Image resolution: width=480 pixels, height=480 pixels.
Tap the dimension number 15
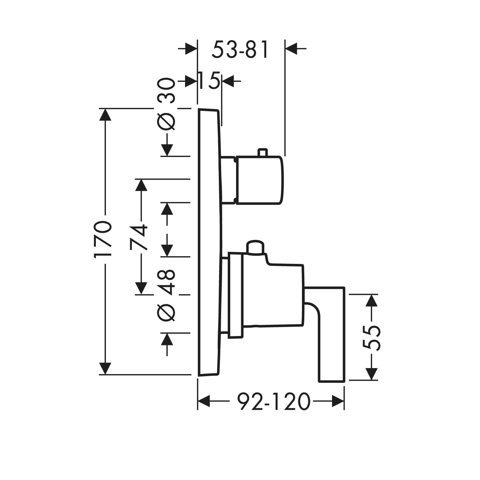pyautogui.click(x=209, y=81)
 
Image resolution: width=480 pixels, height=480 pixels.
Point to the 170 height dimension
pyautogui.click(x=102, y=238)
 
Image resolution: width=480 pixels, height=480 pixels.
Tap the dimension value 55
pyautogui.click(x=371, y=338)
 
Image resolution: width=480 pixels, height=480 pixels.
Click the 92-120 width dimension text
pyautogui.click(x=274, y=401)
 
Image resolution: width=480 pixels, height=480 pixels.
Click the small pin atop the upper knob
pyautogui.click(x=263, y=152)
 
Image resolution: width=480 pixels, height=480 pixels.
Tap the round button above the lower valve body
pyautogui.click(x=255, y=247)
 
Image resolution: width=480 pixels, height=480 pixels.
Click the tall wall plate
pyautogui.click(x=209, y=242)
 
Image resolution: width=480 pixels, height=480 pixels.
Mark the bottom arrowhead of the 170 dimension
pyautogui.click(x=106, y=368)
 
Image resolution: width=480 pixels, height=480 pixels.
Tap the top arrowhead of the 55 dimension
pyautogui.click(x=371, y=300)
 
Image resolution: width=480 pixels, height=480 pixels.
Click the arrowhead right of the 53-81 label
pyautogui.click(x=291, y=49)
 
